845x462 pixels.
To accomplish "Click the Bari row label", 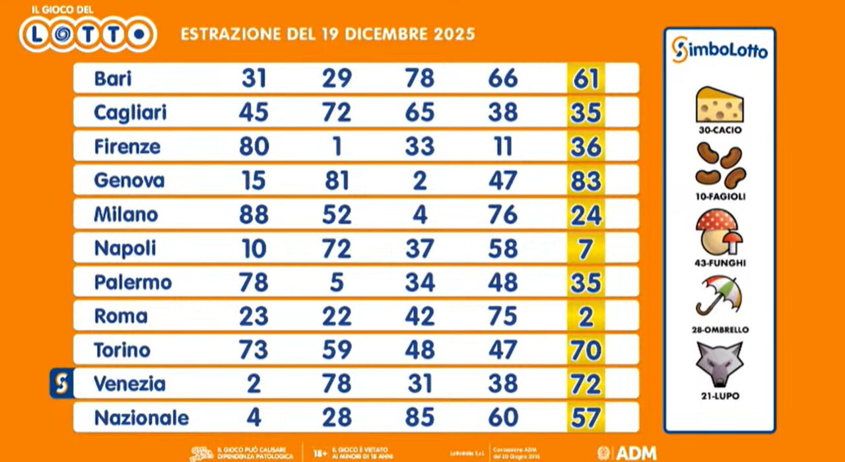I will click(x=113, y=79).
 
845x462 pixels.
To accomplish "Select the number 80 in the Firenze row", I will click(x=253, y=146).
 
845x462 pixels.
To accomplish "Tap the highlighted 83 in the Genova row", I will click(x=586, y=180).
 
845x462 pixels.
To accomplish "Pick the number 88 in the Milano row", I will click(x=253, y=214).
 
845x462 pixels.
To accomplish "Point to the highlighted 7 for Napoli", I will click(x=586, y=249).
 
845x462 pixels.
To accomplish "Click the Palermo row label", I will click(x=133, y=282).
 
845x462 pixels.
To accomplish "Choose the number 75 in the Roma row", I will click(x=502, y=316).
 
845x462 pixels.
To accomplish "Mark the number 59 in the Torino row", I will click(x=337, y=350).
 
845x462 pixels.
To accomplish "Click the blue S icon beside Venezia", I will click(x=61, y=384).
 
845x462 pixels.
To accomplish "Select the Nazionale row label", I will click(x=141, y=418).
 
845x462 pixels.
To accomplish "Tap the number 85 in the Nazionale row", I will click(x=420, y=418).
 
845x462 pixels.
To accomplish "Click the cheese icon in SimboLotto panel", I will click(x=720, y=104).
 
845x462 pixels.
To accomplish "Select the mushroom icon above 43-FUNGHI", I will click(x=720, y=232).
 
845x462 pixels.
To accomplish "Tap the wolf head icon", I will click(x=720, y=364).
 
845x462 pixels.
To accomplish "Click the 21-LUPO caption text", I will click(x=720, y=396).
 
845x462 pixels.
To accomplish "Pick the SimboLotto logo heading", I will click(x=720, y=50).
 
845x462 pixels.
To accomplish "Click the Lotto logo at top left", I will click(x=87, y=33).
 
